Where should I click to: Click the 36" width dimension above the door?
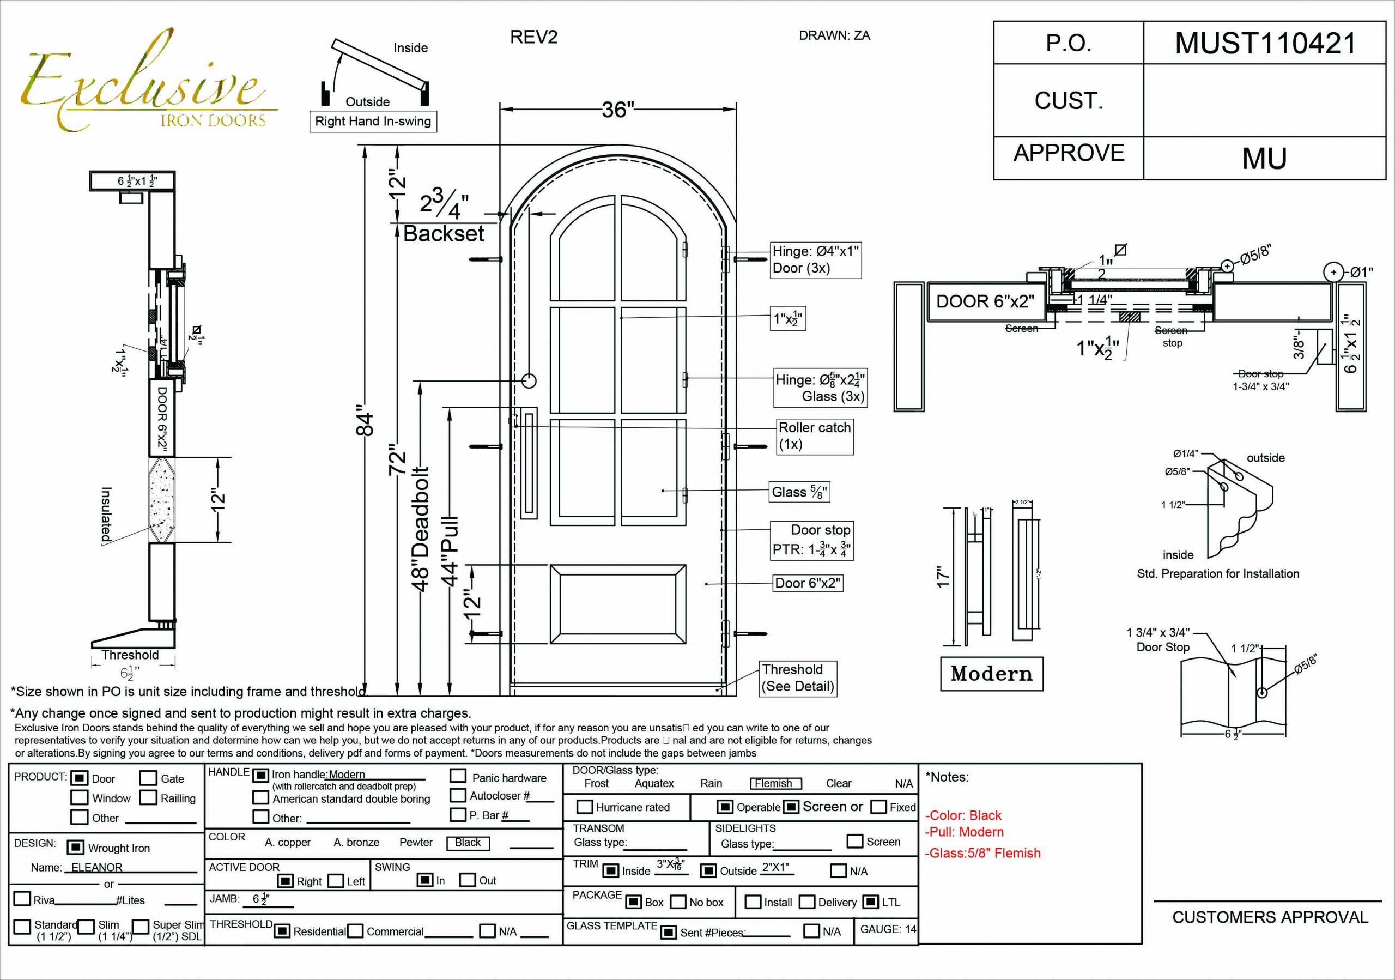617,110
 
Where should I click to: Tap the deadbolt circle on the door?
529,381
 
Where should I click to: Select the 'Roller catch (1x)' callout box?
815,435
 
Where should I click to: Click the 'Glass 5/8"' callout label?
798,492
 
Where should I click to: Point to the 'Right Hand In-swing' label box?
372,121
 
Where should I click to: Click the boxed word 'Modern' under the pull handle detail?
991,673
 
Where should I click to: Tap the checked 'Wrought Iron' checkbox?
76,848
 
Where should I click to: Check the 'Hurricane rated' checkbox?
585,807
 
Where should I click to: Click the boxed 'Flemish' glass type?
773,783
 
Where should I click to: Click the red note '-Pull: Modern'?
966,832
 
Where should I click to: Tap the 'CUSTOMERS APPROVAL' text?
1270,917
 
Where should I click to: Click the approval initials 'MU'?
1264,159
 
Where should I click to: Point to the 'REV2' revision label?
533,38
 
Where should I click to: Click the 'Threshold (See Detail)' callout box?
798,678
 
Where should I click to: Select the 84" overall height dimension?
364,420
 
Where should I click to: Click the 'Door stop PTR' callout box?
811,540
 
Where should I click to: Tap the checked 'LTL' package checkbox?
871,902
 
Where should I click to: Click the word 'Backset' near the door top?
444,234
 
